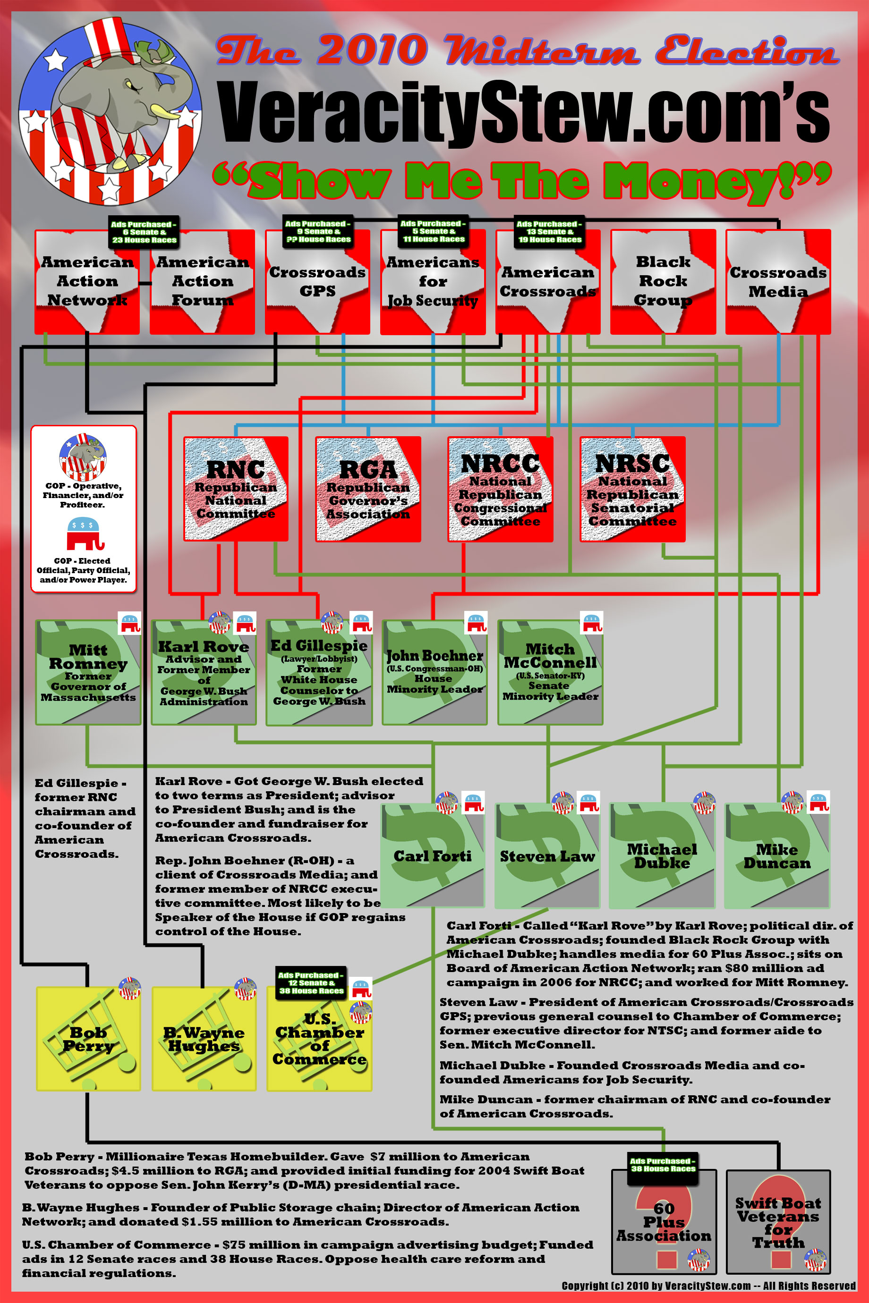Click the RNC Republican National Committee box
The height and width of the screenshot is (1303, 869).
(236, 489)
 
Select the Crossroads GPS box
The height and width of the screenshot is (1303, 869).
(317, 281)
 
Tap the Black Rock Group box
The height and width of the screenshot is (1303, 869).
(663, 281)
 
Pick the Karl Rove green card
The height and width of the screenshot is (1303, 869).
(204, 672)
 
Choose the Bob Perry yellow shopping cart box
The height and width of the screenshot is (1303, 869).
(88, 1039)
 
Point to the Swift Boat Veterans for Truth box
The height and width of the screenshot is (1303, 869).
(778, 1222)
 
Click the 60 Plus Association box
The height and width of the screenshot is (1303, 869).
(664, 1222)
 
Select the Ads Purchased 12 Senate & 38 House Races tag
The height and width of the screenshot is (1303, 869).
(311, 983)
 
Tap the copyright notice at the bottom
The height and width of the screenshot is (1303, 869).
(708, 1285)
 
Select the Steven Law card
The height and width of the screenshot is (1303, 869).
(547, 856)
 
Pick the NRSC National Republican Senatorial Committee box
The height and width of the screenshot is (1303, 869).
(632, 489)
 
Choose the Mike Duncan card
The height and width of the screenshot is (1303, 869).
(776, 856)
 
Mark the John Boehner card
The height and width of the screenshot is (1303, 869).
(434, 672)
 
